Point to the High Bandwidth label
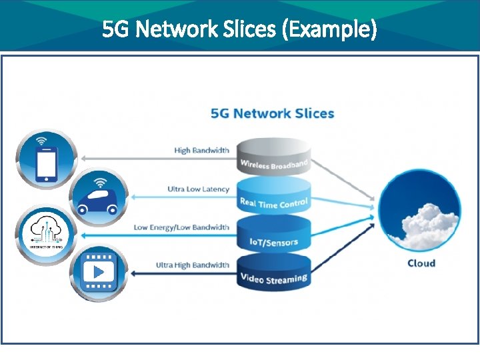pyautogui.click(x=201, y=151)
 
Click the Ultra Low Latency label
pyautogui.click(x=198, y=189)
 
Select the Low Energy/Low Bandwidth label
pyautogui.click(x=181, y=227)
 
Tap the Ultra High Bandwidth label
pyautogui.click(x=193, y=265)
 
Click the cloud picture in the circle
pyautogui.click(x=421, y=210)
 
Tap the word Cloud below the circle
pyautogui.click(x=421, y=263)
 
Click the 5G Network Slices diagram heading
pyautogui.click(x=272, y=113)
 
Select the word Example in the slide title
pyautogui.click(x=330, y=29)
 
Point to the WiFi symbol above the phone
pyautogui.click(x=41, y=141)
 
